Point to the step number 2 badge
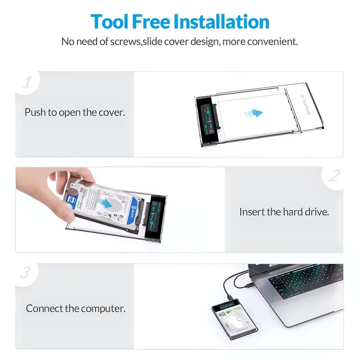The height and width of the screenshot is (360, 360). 333,175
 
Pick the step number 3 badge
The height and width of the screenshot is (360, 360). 27,273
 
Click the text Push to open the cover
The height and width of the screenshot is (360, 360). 75,112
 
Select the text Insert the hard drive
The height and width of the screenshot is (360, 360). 284,211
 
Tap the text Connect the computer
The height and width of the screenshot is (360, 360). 76,309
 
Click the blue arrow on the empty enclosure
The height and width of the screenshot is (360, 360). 254,113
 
